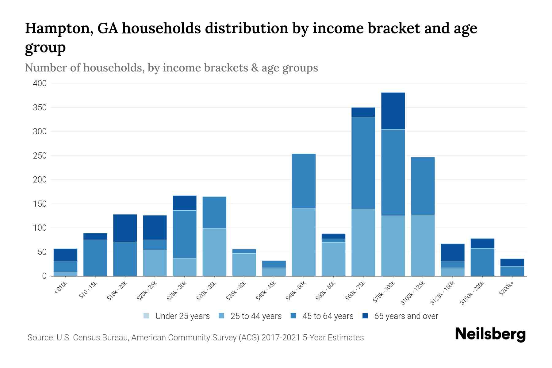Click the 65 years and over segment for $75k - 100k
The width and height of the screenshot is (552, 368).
[393, 111]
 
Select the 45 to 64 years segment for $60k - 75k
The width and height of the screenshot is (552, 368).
[363, 163]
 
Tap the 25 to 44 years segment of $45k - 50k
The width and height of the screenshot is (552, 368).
[304, 242]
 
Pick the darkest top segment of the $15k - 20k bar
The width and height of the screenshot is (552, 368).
[125, 228]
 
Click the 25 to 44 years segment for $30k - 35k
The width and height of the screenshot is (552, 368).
[214, 252]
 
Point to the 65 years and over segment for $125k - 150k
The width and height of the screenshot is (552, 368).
[453, 252]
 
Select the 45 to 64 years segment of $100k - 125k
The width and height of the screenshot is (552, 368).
[423, 186]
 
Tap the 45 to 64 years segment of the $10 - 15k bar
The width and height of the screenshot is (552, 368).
[95, 258]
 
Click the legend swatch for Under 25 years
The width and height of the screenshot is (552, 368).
[147, 316]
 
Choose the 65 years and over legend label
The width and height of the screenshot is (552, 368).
[406, 316]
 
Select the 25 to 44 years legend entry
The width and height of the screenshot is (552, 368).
[256, 316]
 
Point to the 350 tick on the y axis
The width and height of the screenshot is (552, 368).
[40, 108]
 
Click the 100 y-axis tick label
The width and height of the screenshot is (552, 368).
[40, 228]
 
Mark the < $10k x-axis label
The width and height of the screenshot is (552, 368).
[61, 288]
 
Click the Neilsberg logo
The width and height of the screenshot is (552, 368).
[490, 334]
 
